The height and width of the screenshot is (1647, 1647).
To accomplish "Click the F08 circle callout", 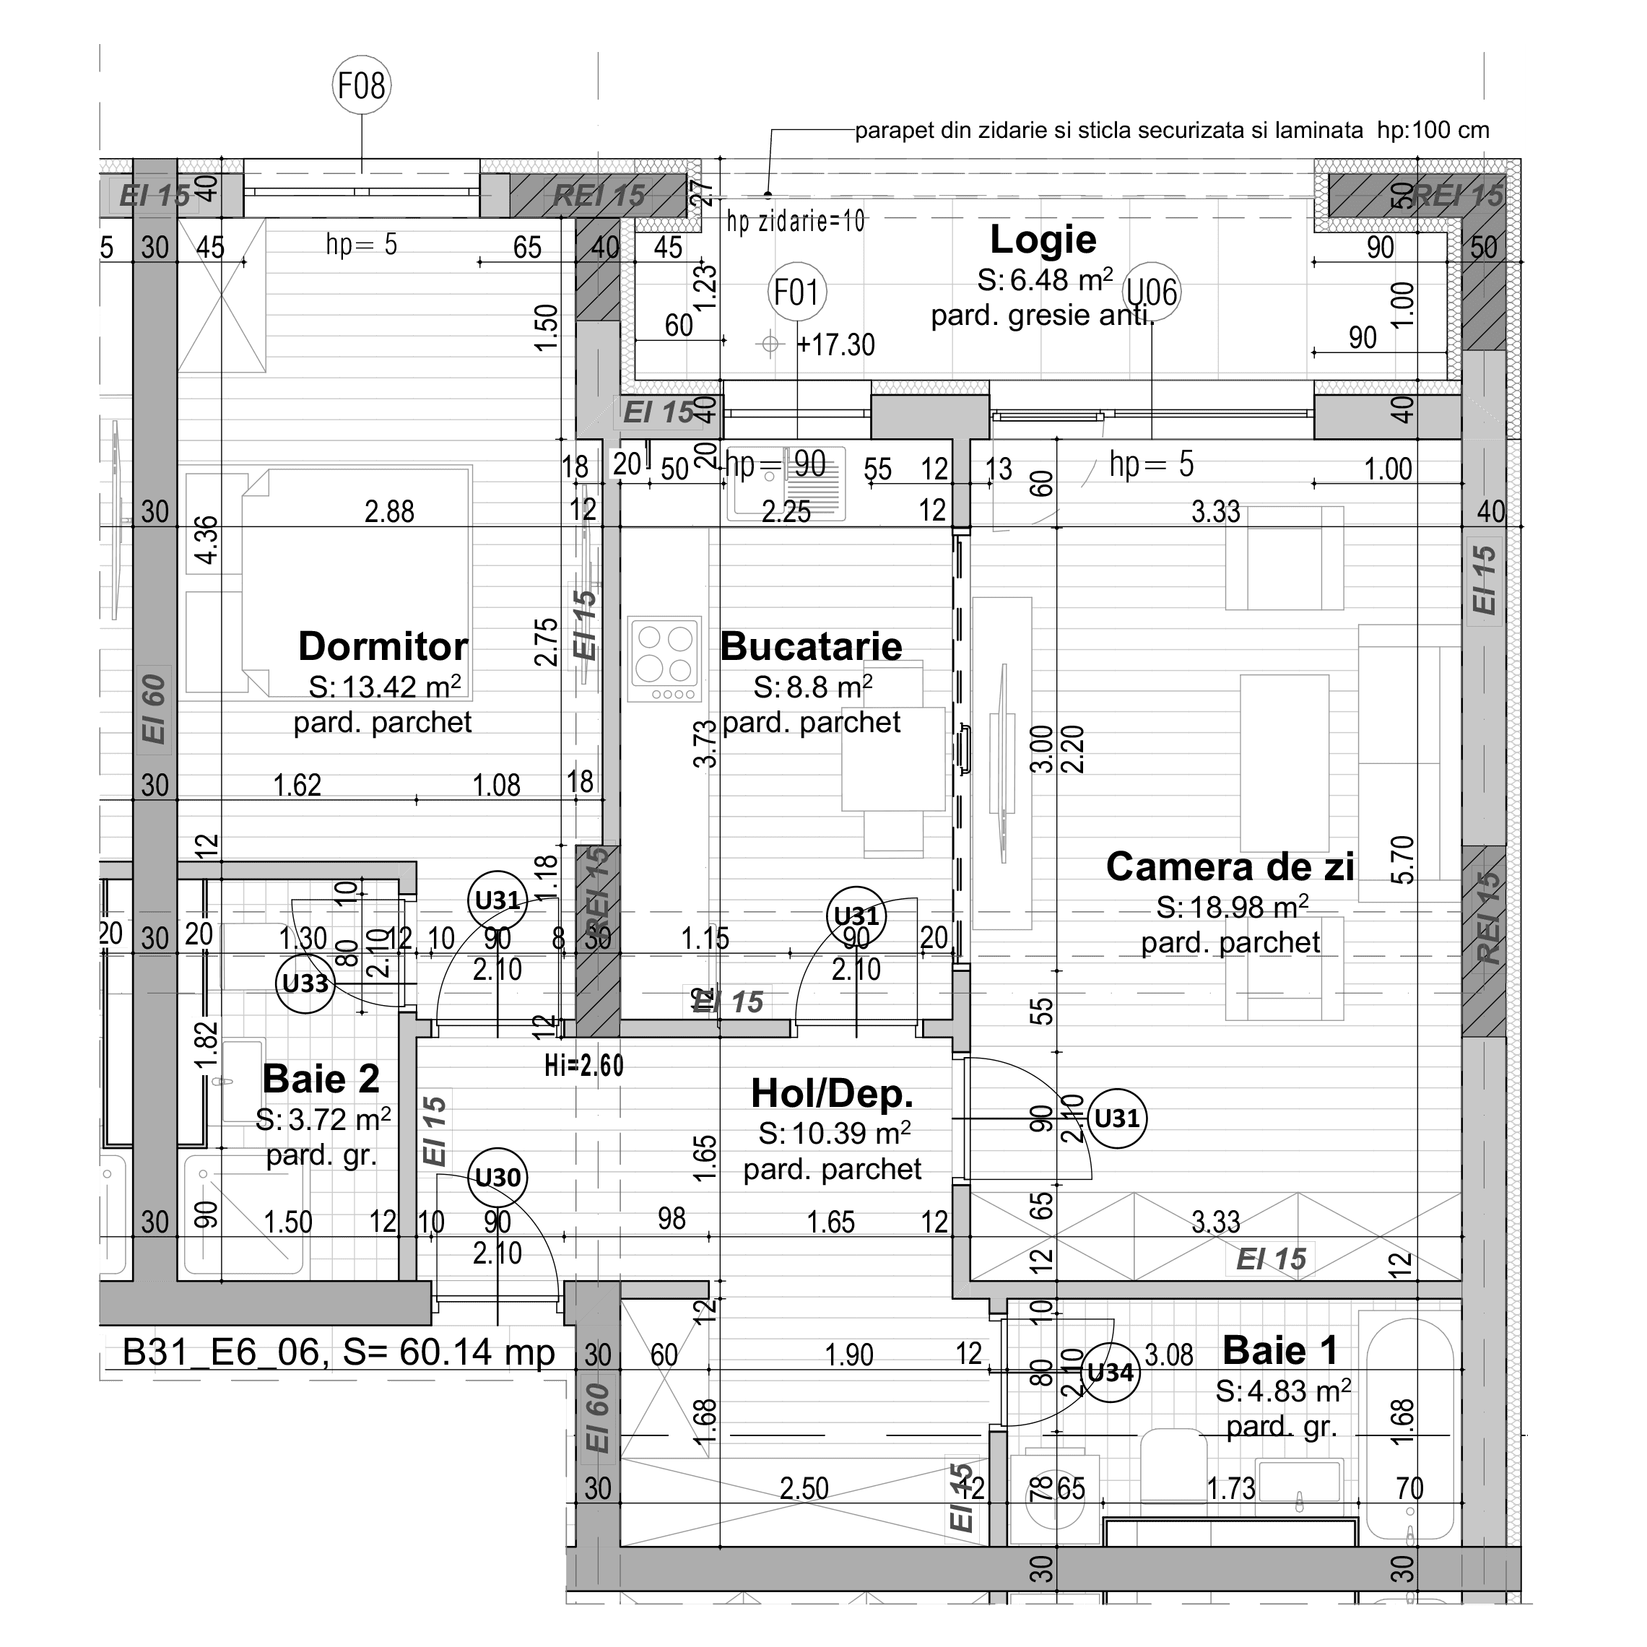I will coord(362,85).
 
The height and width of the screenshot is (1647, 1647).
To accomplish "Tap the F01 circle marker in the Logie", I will coord(796,292).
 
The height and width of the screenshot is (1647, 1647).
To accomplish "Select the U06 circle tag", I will coord(1152,292).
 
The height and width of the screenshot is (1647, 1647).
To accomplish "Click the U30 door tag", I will coord(497,1177).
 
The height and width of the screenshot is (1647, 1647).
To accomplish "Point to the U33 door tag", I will coord(305,983).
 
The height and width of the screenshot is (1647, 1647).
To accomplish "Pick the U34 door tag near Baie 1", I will coord(1110,1373).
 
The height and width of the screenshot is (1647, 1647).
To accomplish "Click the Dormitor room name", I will coord(383,646).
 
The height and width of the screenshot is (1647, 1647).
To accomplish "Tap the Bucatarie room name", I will coord(811,646).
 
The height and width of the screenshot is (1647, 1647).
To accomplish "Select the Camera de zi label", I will coord(1229,867).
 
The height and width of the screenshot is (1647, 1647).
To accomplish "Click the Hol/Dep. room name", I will coord(832,1094).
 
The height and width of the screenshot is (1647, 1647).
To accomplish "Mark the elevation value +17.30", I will coord(835,345).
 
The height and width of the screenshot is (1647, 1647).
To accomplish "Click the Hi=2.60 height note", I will coord(584,1066).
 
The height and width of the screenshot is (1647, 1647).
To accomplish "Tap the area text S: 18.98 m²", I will coord(1232,908).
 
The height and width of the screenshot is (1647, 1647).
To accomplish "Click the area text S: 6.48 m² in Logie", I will coord(1044,279).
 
